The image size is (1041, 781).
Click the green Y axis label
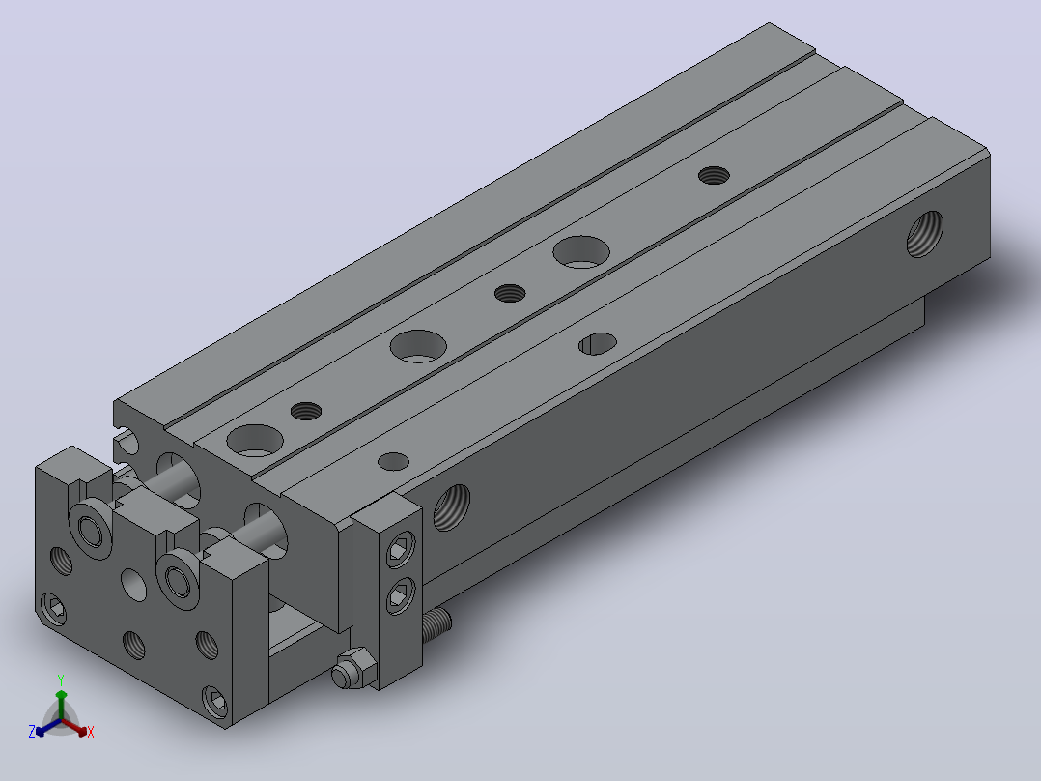pos(61,680)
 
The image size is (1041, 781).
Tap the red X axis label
pos(91,732)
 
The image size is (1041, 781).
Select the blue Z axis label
pos(32,732)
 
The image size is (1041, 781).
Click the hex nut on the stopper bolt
pos(352,668)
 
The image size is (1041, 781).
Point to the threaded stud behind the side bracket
pos(436,624)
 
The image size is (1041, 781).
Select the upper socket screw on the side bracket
pos(400,550)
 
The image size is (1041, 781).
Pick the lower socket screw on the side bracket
pos(400,595)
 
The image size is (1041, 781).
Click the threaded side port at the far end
pos(925,234)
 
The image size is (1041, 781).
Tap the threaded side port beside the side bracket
pos(452,507)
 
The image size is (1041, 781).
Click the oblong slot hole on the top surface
pos(598,344)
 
